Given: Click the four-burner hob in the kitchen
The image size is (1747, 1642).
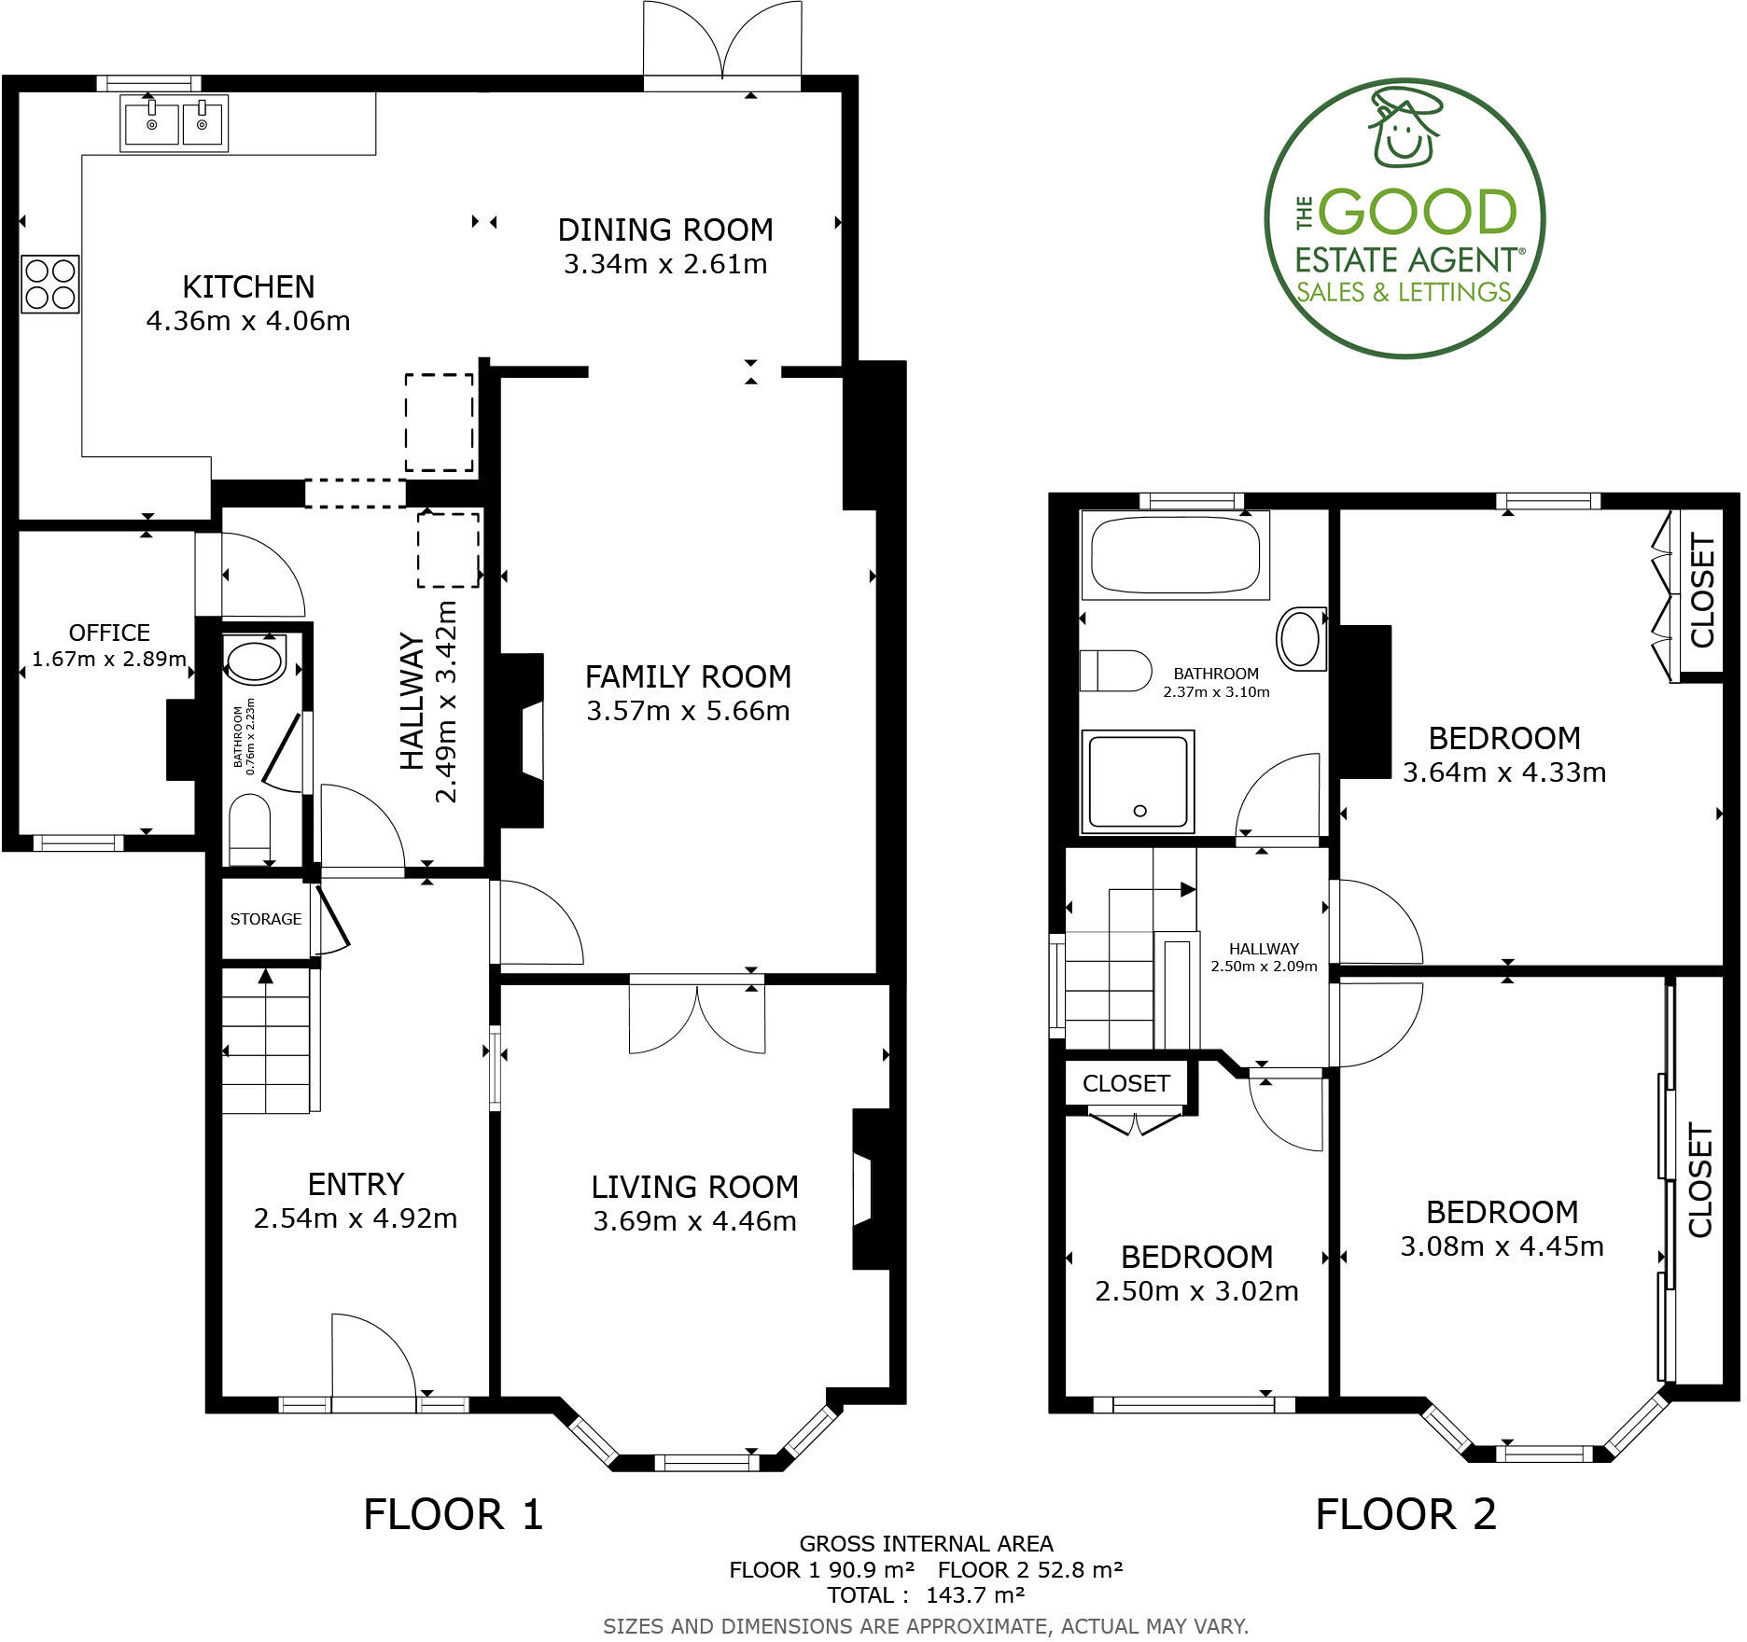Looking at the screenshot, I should [49, 285].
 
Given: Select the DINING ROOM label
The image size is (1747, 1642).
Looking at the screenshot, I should [664, 230].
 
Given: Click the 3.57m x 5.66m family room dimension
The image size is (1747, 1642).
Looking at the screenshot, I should [688, 711].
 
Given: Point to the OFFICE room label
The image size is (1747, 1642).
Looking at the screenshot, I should [109, 633].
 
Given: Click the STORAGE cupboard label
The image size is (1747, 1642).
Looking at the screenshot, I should [265, 919].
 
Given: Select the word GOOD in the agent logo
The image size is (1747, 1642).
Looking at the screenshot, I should [1418, 214].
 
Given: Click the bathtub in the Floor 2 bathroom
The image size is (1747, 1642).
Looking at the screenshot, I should [1174, 554].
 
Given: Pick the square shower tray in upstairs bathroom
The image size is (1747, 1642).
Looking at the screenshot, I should [1138, 781].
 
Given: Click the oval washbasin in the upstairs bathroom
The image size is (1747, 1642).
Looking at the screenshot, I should [1300, 639].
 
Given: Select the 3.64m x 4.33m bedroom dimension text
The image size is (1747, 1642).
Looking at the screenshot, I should [1504, 772].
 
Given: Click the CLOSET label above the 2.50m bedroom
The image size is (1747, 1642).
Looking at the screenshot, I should [1125, 1083].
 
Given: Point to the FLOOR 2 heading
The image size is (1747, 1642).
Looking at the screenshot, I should [1405, 1513].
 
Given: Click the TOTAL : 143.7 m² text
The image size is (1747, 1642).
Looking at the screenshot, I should [926, 1594].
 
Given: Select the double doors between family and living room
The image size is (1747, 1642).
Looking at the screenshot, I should [697, 1019].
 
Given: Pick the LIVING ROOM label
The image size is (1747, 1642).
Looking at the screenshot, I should [694, 1187].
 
